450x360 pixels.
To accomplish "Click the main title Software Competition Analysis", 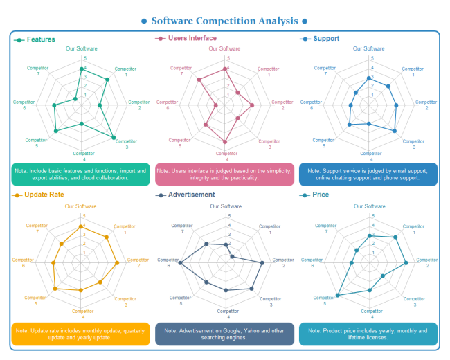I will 224,21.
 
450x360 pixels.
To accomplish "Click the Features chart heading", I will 41,39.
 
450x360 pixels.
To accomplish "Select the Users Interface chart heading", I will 192,38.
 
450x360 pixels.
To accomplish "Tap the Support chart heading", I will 326,39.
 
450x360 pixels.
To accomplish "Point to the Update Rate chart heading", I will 44,195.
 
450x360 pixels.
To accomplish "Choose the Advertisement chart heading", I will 191,195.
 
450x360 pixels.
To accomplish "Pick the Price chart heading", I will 321,195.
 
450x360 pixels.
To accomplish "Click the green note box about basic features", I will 81,174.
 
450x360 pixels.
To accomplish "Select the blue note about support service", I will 368,174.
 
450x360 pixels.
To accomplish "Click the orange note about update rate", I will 81,334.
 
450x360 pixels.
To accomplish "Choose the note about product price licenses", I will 368,334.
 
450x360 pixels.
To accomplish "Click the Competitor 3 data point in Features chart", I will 114,138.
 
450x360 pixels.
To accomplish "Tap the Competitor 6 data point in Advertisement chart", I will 181,263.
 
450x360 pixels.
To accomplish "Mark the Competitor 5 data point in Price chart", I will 338,296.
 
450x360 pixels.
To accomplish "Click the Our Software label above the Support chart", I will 368,48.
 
